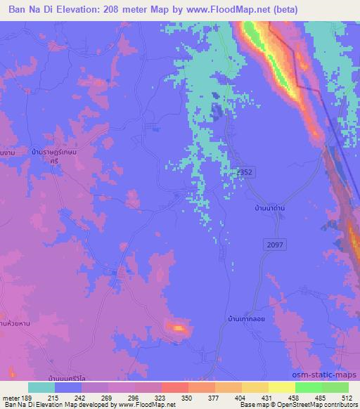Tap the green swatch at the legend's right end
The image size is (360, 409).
334,387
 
